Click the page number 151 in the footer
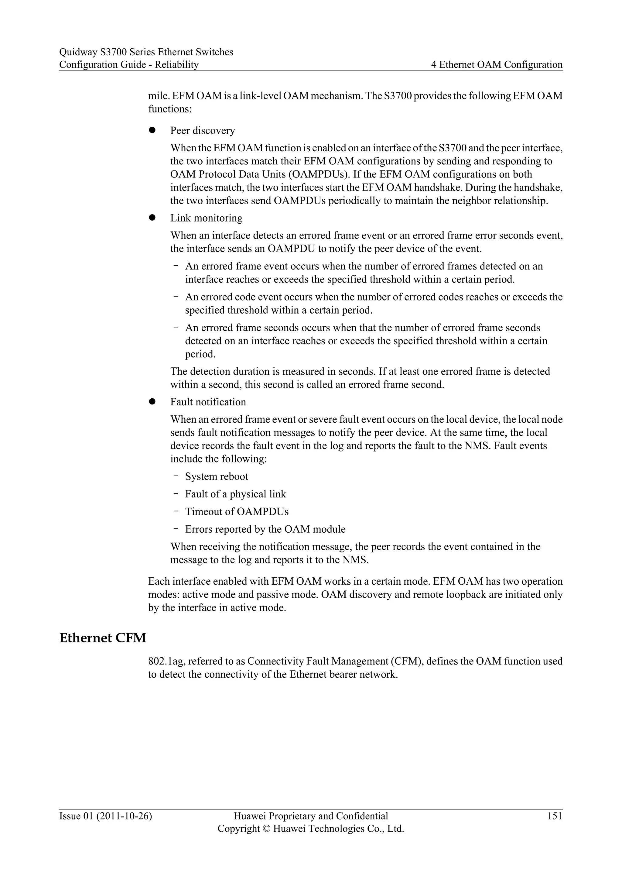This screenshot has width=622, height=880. pos(555,816)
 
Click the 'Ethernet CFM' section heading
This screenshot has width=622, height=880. pos(103,638)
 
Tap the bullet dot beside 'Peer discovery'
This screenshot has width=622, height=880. pos(152,130)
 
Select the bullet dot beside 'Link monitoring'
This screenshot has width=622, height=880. pos(152,218)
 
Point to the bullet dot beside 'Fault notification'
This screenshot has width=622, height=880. pos(152,402)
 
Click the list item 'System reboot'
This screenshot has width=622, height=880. pos(217,476)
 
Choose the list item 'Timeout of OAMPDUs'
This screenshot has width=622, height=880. pos(237,512)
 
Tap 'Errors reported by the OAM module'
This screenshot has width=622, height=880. pos(265,529)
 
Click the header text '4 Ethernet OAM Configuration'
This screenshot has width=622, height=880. pos(497,65)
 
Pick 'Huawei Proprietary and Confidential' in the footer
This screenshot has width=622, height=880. pos(311,816)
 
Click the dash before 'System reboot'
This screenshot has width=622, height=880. pos(176,476)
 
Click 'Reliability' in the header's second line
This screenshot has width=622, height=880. pos(176,65)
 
